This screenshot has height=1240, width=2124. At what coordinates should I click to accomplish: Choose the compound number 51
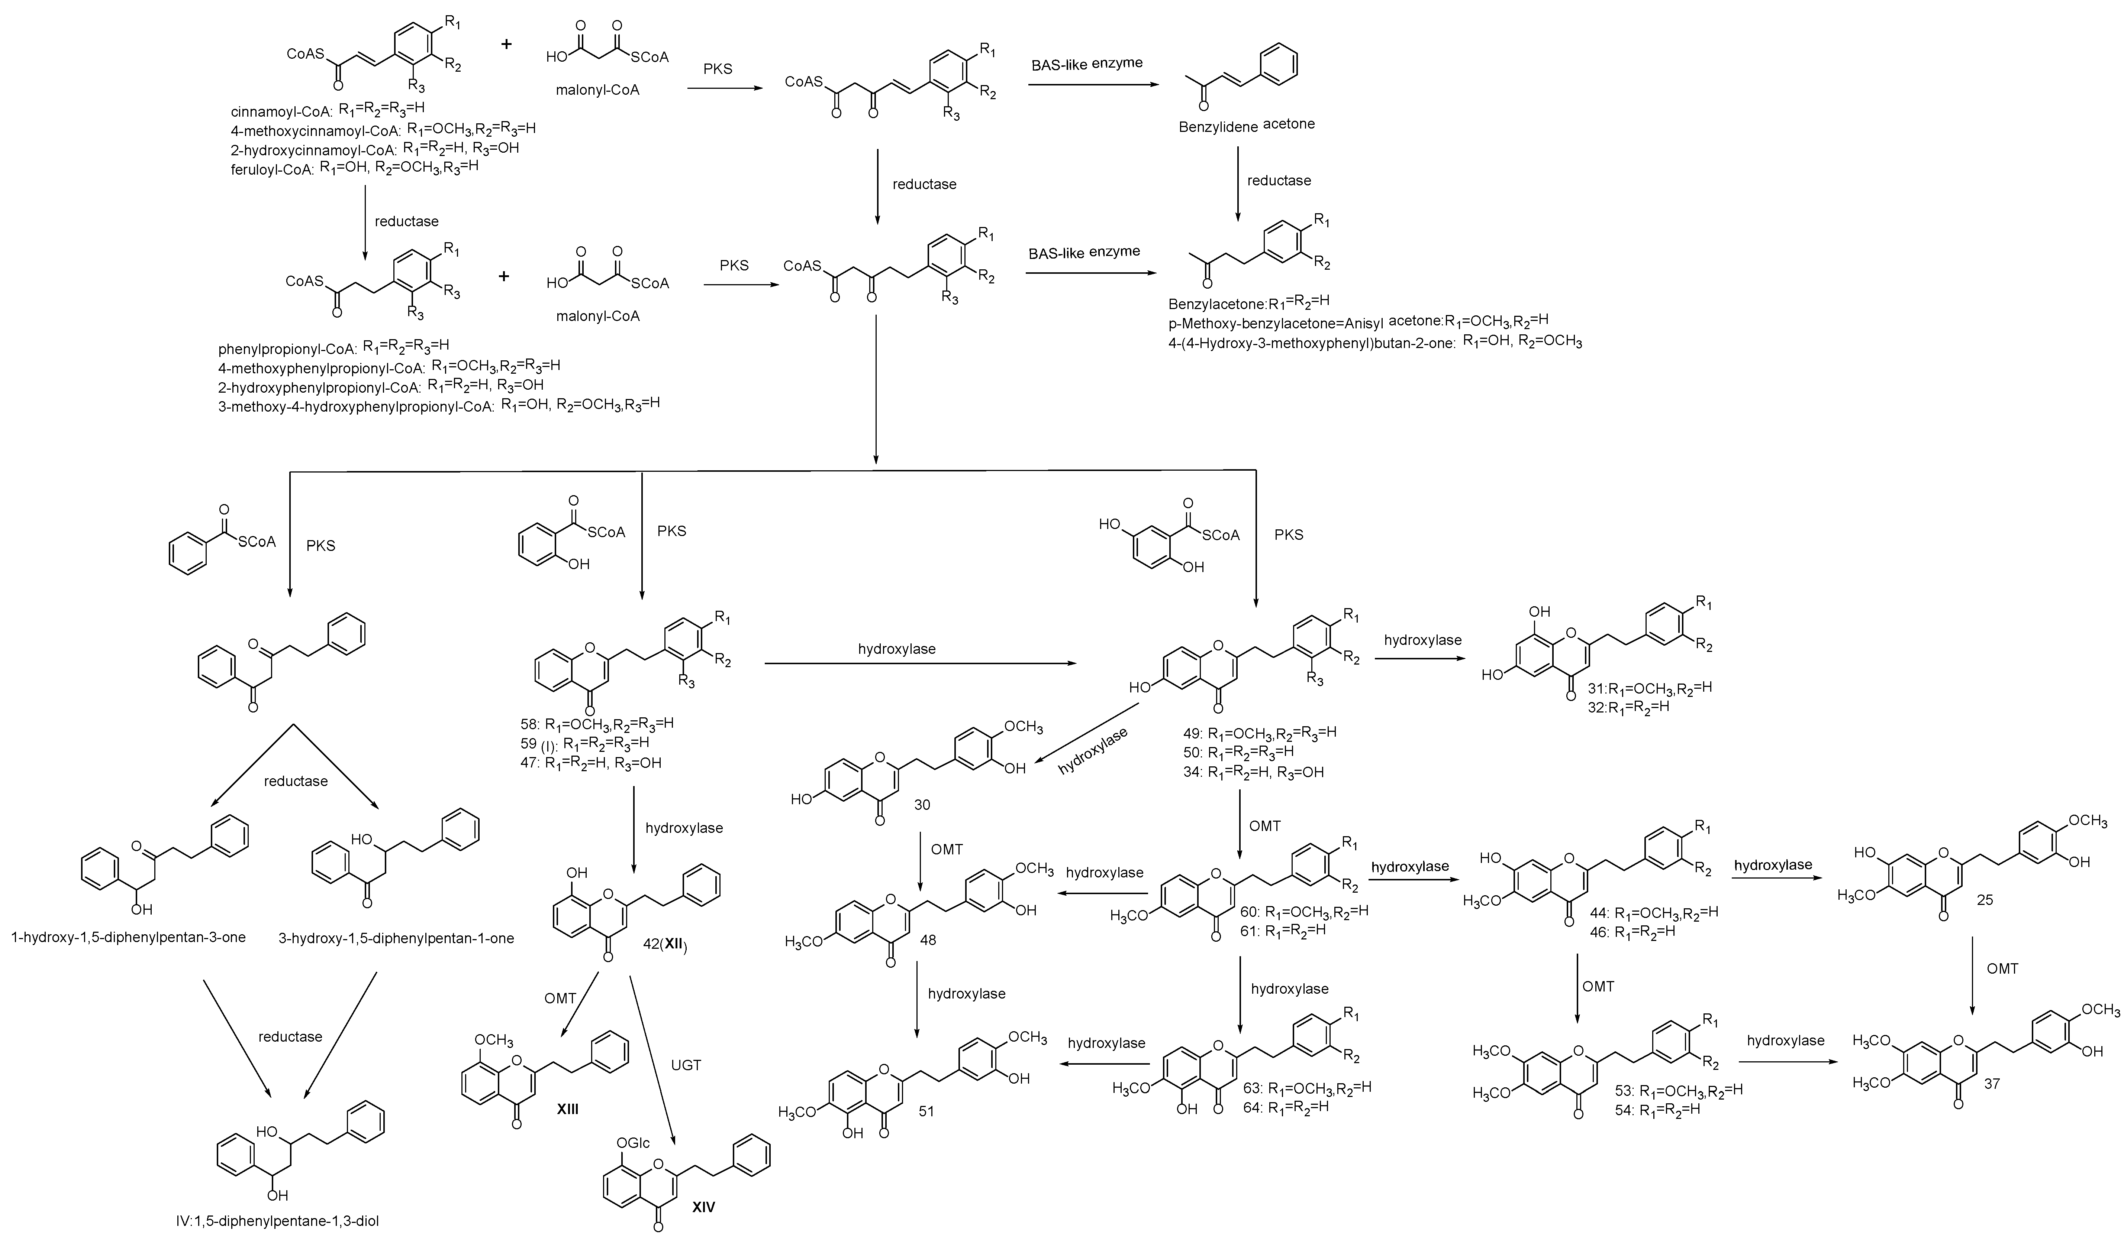[926, 1111]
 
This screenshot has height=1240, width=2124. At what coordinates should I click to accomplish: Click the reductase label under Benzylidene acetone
[1279, 180]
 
